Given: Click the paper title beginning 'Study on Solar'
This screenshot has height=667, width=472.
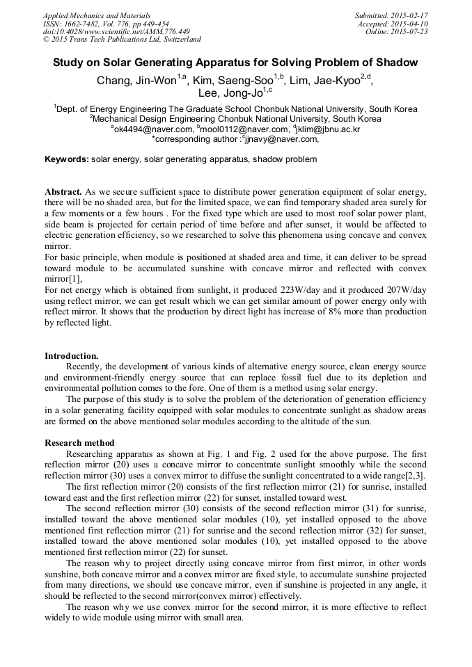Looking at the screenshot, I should (235, 63).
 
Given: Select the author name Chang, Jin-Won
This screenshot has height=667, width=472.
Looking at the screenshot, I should (136, 81).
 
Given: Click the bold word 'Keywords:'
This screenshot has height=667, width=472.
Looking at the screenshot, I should (67, 159).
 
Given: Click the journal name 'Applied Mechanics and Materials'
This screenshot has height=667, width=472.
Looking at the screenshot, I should (97, 15).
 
